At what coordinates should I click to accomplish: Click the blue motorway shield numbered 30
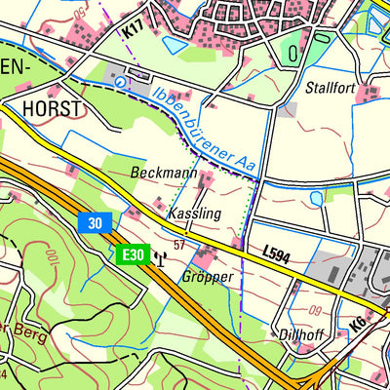point(94,223)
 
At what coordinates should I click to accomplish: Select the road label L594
point(277,253)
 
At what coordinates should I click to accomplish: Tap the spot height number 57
point(178,244)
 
